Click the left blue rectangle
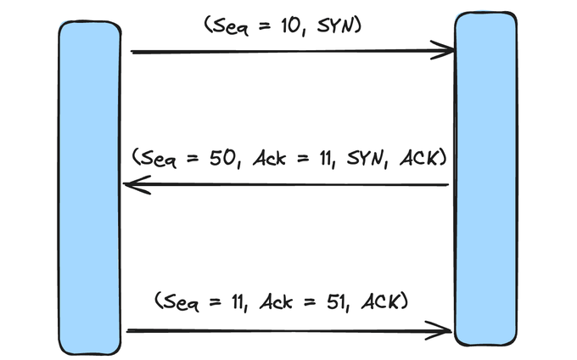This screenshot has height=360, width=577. click(x=90, y=188)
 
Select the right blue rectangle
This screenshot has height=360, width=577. click(x=485, y=179)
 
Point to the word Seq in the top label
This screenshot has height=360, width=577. click(x=230, y=26)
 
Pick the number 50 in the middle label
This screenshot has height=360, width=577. click(x=222, y=158)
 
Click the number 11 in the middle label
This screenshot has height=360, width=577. click(x=326, y=159)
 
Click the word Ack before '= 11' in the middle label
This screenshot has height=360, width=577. click(x=269, y=158)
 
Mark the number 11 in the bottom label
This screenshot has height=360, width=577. click(x=238, y=302)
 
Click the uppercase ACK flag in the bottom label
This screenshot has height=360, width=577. click(x=380, y=301)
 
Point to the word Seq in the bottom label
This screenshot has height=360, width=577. click(x=180, y=302)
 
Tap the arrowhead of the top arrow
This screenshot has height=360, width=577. click(x=443, y=50)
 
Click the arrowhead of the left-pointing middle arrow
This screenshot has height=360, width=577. click(x=137, y=184)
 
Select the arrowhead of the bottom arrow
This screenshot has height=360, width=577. click(x=438, y=330)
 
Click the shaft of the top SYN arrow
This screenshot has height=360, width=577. click(x=293, y=52)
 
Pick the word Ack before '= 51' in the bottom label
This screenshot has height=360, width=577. click(x=276, y=302)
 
